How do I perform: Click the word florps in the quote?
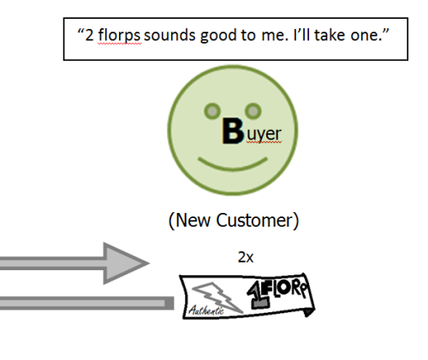coord(119,35)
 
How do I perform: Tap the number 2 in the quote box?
coord(89,35)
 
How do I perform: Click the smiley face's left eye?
coord(212,111)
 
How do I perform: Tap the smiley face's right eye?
coord(253,111)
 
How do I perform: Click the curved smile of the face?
coord(233,166)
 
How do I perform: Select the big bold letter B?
coord(233,131)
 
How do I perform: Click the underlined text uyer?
coord(264,134)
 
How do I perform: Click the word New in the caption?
coord(193,221)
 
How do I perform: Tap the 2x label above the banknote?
coord(246,257)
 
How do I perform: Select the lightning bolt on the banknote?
coord(217,297)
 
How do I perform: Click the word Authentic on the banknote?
coord(206,310)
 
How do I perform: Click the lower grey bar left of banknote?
coord(87,303)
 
